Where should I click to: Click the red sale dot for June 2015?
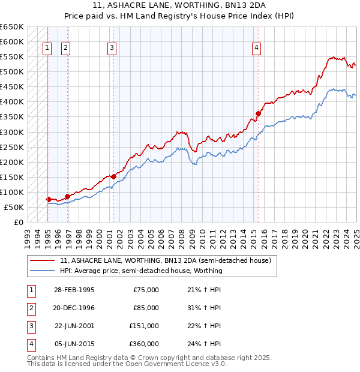[258, 113]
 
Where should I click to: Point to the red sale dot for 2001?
[113, 176]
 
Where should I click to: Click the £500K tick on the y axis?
[13, 72]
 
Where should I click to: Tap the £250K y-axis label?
[13, 147]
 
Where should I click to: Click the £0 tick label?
[19, 222]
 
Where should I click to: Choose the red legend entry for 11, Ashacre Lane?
[165, 260]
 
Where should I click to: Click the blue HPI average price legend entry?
[141, 271]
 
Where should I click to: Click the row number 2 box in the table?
[30, 308]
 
